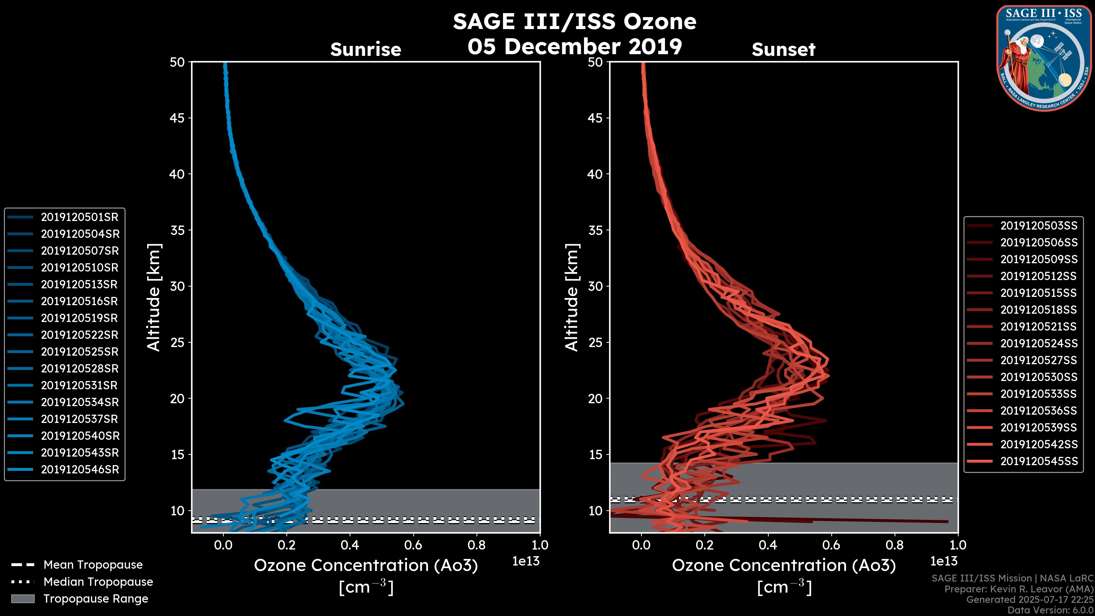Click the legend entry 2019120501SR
click(x=80, y=217)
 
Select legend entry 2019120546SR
click(x=80, y=470)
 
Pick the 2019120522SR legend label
click(x=80, y=335)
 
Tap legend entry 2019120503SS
click(x=1039, y=226)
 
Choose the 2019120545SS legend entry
click(x=1039, y=461)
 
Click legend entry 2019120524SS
click(x=1039, y=343)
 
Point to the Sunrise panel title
click(x=366, y=50)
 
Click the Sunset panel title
click(x=783, y=50)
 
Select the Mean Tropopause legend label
click(x=93, y=565)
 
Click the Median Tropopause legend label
click(x=98, y=582)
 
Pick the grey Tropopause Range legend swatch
click(x=23, y=599)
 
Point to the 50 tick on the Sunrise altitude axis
click(x=178, y=62)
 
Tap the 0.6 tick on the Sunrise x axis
click(x=413, y=545)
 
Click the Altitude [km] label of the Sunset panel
click(x=572, y=297)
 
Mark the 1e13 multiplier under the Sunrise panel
click(x=526, y=562)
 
